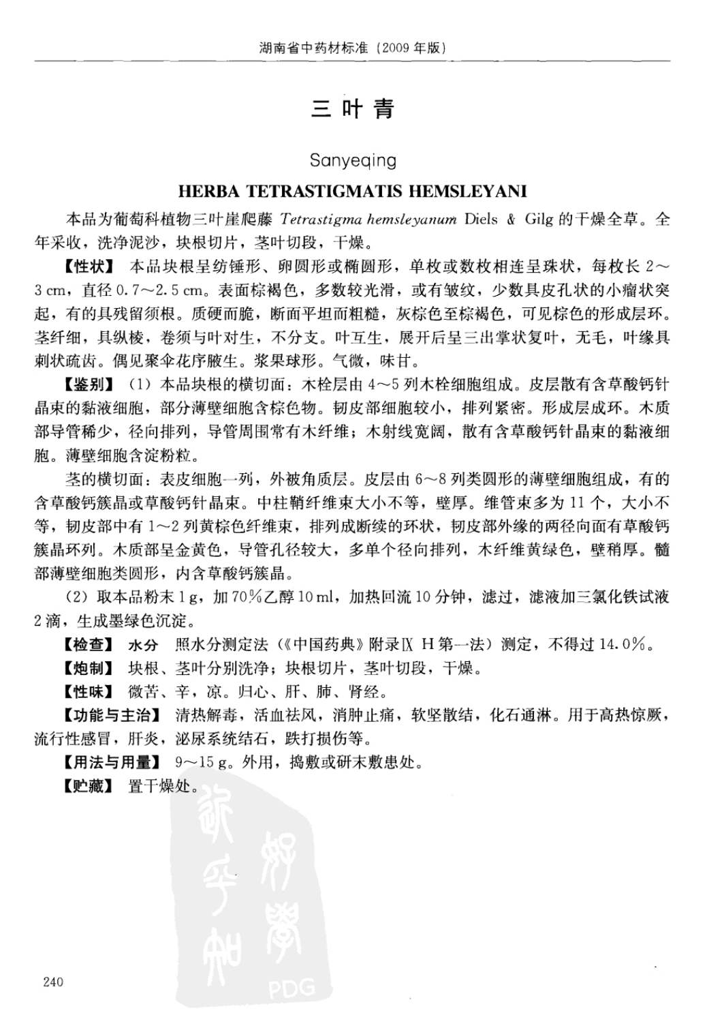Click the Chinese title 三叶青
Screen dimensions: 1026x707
coord(353,109)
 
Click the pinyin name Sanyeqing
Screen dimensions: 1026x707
coord(353,160)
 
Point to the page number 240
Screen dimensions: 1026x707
coord(52,982)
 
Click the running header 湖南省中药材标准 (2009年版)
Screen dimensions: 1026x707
coord(353,48)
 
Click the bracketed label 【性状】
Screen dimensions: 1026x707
coord(90,266)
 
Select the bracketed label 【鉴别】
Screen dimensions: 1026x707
coord(90,385)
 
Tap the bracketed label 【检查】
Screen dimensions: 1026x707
coord(90,644)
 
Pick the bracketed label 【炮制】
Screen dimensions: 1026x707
coord(90,668)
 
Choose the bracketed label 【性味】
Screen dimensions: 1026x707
coord(90,692)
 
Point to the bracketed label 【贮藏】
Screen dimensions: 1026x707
coord(90,786)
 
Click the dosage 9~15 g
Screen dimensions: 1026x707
coord(202,762)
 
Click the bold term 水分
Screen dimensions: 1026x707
coord(143,644)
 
